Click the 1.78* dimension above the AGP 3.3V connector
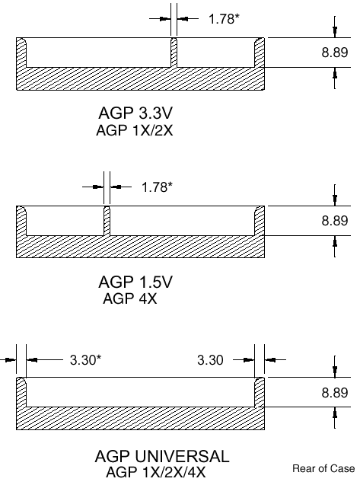coord(224,19)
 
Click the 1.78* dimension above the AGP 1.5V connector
coord(157,187)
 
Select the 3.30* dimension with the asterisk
coord(86,359)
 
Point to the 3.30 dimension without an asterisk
coord(210,359)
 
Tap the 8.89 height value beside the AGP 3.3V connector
coord(335,53)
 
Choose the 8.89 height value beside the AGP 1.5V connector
coord(335,221)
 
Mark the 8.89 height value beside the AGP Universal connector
coord(335,393)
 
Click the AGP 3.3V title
coord(135,113)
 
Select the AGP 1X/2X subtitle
coord(134,130)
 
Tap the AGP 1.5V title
coord(135,282)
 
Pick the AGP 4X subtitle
coord(130,298)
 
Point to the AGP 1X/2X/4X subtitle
coord(155,472)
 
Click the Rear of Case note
coord(323,468)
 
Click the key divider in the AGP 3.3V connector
coord(174,53)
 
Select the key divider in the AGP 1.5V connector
coord(107,221)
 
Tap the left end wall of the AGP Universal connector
coord(21,392)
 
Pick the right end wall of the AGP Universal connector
coord(260,392)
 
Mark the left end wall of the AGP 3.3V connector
coord(21,53)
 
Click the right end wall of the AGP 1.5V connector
coord(260,221)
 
